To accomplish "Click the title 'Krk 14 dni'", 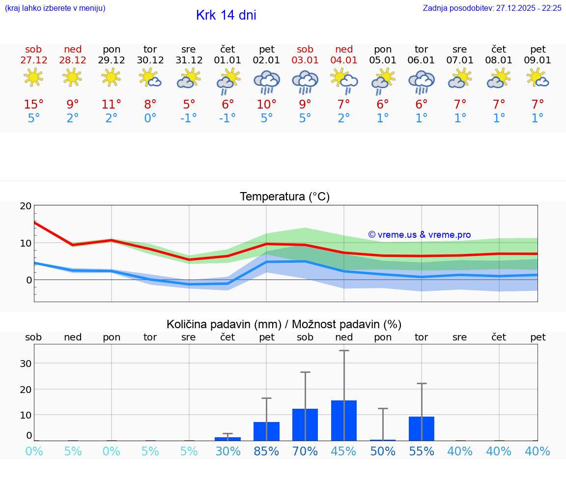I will (226, 15).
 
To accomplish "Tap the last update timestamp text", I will (492, 8).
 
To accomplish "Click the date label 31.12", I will (189, 60).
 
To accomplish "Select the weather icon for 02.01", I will (267, 82).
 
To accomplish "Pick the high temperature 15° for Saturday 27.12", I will (34, 105).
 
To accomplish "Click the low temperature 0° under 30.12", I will (150, 118).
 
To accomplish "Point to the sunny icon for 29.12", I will (112, 77).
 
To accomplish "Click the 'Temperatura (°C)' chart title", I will (284, 197).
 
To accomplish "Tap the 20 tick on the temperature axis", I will (26, 206).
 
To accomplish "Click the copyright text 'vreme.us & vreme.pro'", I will (420, 235).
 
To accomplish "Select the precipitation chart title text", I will (284, 324).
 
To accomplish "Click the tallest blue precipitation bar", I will (344, 421).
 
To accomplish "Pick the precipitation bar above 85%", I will (266, 431).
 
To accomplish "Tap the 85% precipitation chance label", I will (266, 451).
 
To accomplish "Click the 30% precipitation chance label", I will (228, 451).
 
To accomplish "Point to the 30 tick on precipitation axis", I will (26, 364).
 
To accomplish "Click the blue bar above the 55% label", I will (422, 428).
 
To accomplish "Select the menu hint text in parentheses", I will (55, 8).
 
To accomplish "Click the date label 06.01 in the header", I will (422, 60).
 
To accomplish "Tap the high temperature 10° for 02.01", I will (267, 105).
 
